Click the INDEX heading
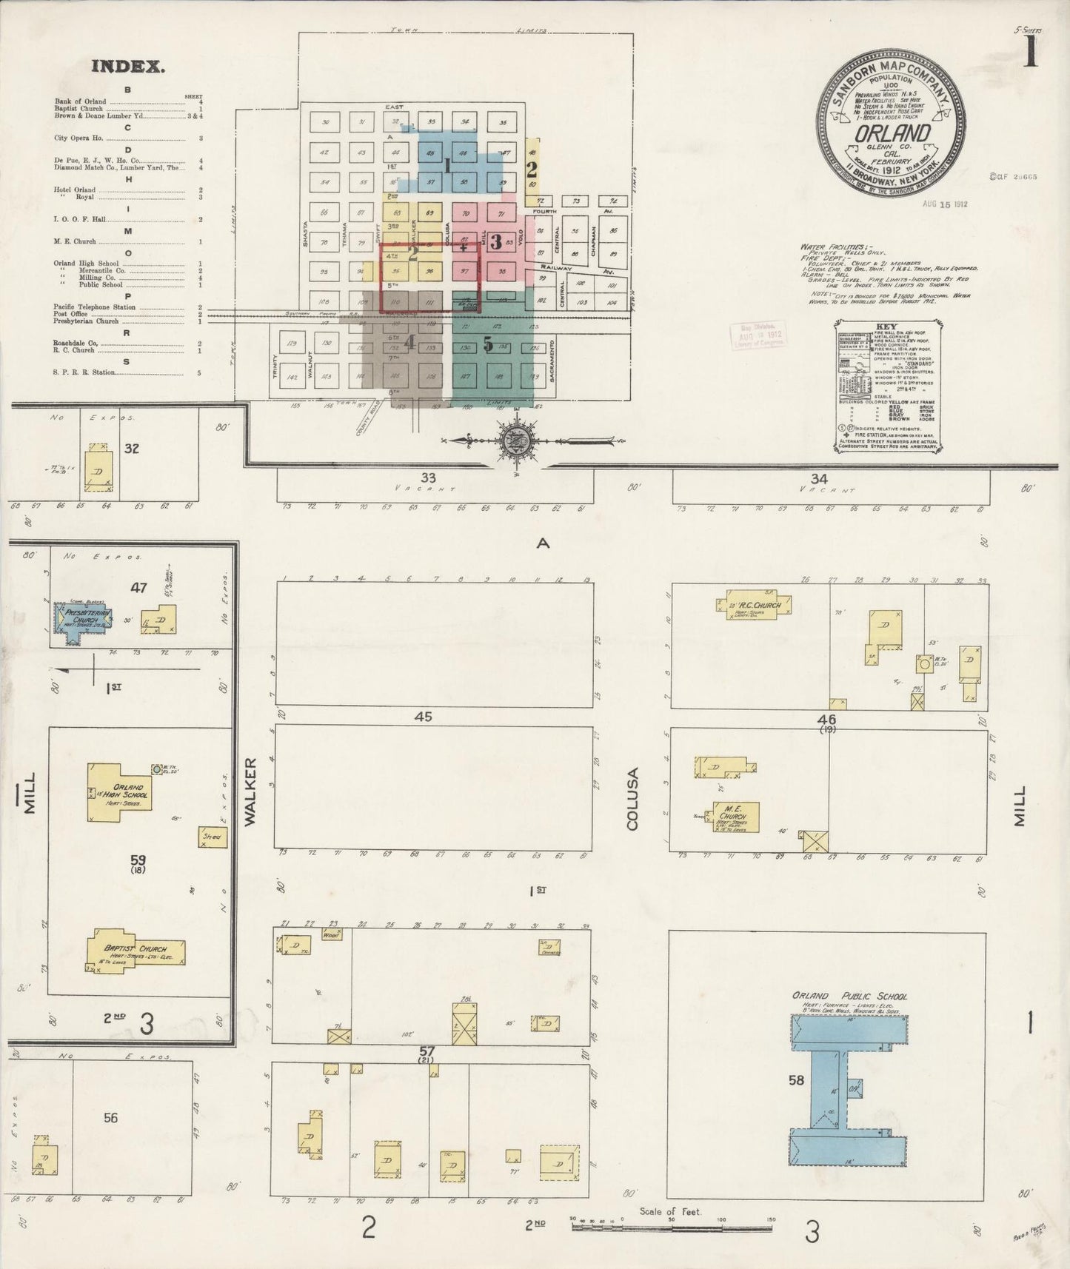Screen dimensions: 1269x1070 pos(127,67)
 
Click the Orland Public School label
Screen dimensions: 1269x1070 pos(849,996)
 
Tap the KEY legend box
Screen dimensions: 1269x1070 pos(889,385)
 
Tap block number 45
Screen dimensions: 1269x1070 pos(423,717)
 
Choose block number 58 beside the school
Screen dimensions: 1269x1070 pos(796,1080)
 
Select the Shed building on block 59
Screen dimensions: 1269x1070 pos(213,837)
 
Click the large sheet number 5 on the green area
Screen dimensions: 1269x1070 pos(488,344)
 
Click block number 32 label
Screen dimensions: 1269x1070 pos(132,448)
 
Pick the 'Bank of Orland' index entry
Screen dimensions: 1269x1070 pos(80,101)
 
